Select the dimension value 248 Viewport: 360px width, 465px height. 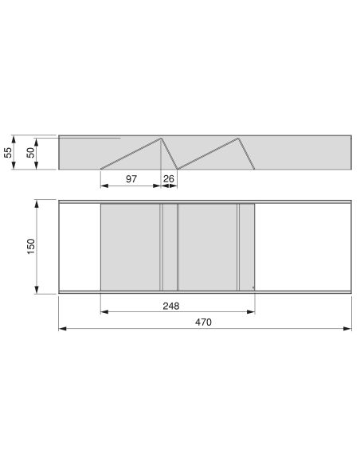click(170, 305)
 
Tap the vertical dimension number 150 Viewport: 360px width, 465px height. click(30, 248)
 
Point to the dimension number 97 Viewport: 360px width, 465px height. click(131, 179)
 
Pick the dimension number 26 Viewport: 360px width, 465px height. click(170, 179)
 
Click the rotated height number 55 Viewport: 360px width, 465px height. click(9, 153)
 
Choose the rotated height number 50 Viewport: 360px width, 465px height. click(30, 153)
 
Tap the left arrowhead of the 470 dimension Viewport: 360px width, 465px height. click(62, 328)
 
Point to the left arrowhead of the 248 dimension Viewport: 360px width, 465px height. click(104, 311)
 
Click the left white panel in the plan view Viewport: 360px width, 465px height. click(80, 247)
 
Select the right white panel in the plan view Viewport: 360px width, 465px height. click(303, 247)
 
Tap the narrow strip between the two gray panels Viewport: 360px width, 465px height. click(170, 247)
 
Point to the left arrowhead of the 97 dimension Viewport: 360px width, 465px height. click(104, 186)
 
